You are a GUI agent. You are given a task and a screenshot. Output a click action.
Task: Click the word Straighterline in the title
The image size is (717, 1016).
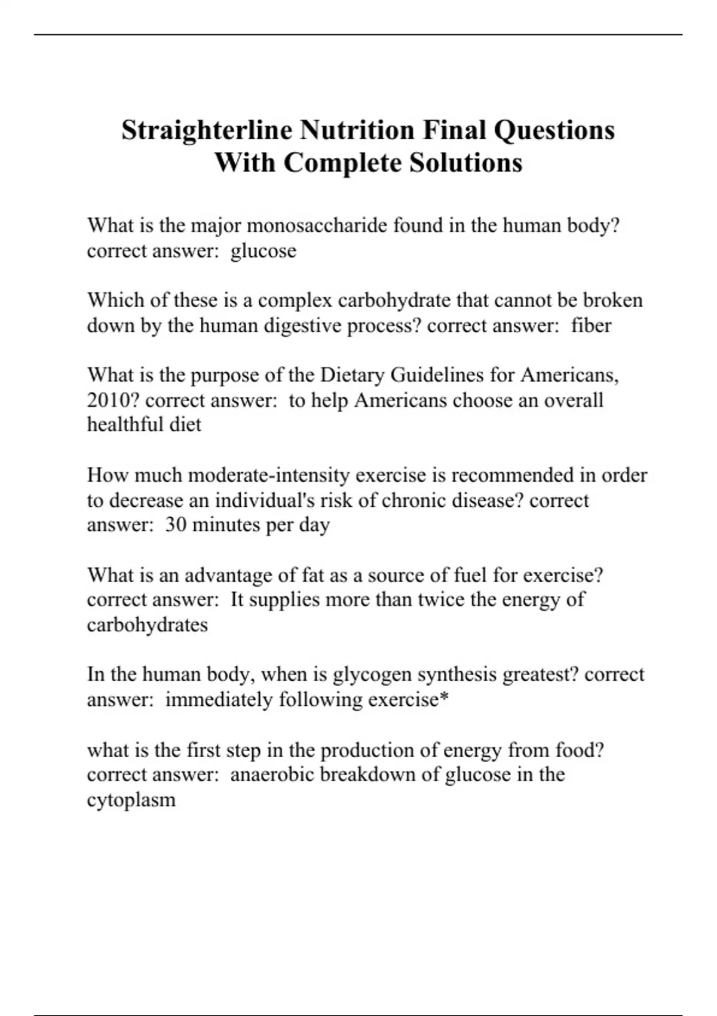pyautogui.click(x=207, y=130)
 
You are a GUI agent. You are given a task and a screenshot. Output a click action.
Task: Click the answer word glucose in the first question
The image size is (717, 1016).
pyautogui.click(x=263, y=251)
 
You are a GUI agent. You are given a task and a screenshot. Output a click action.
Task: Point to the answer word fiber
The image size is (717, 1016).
pyautogui.click(x=591, y=326)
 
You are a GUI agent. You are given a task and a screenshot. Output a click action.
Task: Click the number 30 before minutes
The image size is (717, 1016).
pyautogui.click(x=176, y=525)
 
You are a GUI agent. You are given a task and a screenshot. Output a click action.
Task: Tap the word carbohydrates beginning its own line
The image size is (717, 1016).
pyautogui.click(x=147, y=625)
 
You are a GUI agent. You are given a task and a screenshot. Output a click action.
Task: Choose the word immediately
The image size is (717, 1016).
pyautogui.click(x=219, y=700)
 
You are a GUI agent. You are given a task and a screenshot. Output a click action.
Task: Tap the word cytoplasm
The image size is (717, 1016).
pyautogui.click(x=131, y=800)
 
